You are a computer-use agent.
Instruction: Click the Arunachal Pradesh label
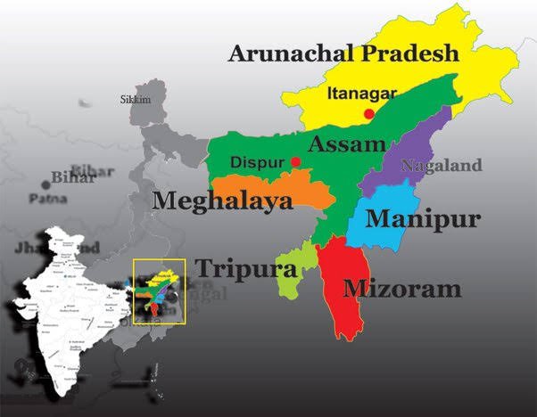click(x=343, y=53)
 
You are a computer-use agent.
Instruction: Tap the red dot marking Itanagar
click(x=368, y=114)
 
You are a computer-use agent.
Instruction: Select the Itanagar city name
click(x=358, y=92)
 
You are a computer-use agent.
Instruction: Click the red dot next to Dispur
click(x=295, y=162)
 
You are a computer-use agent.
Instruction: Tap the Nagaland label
click(x=441, y=165)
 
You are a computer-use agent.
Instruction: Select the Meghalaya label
click(x=222, y=201)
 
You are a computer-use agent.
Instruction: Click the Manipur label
click(x=423, y=218)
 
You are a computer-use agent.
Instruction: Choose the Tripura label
click(x=234, y=268)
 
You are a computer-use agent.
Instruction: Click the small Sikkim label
click(x=136, y=100)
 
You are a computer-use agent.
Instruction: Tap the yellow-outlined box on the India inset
click(x=158, y=290)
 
